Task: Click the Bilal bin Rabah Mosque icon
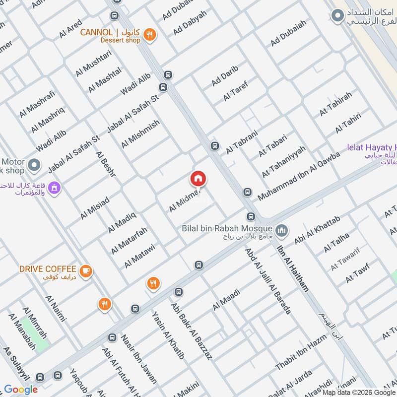click(x=282, y=231)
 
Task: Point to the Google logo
click(x=21, y=390)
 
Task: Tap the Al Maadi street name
click(x=226, y=300)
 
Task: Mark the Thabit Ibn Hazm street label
click(x=301, y=351)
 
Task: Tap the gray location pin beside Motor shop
click(x=34, y=164)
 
